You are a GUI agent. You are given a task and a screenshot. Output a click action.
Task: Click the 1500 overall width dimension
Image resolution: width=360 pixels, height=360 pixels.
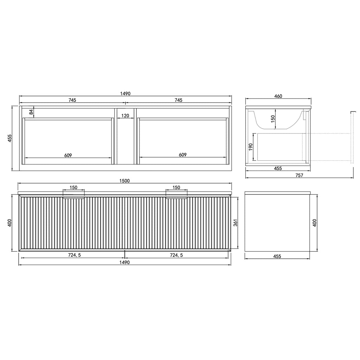124,181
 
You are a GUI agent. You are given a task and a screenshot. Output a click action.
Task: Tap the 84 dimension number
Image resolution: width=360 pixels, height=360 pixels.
31,112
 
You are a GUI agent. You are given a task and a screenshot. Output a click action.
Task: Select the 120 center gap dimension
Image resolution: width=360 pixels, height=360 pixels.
125,115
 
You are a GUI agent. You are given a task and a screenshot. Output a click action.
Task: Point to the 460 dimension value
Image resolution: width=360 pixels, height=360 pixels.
278,96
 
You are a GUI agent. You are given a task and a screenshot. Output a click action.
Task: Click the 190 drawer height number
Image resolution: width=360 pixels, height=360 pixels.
250,147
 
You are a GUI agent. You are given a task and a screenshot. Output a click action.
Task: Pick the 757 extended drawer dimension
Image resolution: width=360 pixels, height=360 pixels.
299,175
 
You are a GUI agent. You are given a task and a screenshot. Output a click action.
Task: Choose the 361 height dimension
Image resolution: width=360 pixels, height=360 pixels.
235,223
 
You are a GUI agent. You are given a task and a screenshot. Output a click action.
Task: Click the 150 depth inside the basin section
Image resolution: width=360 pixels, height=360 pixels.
272,119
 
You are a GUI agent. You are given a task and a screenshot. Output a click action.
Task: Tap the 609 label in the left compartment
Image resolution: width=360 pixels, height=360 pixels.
68,155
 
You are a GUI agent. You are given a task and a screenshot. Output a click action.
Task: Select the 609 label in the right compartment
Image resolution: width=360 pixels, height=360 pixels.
182,155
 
